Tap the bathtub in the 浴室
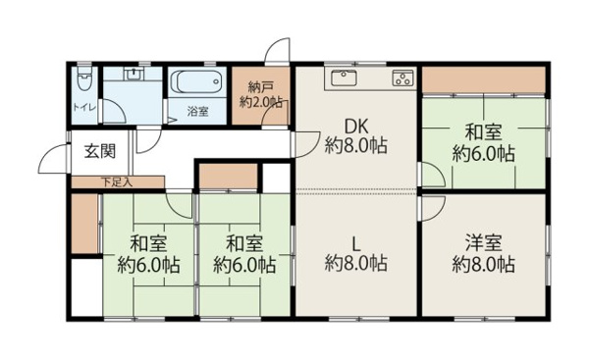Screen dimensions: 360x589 tap(198, 82)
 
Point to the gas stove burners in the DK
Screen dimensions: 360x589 tap(402, 77)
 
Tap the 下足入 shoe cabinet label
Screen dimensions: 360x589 tap(117, 181)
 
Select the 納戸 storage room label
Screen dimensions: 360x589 tap(259, 84)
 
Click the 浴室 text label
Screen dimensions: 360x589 tap(197, 112)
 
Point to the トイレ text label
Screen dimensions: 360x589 tap(82, 108)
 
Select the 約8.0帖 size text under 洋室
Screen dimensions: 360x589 tap(483, 264)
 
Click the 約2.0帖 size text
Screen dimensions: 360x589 tap(261, 100)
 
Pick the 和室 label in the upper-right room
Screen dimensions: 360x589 tap(483, 131)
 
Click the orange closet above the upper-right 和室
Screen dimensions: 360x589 tap(483, 78)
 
